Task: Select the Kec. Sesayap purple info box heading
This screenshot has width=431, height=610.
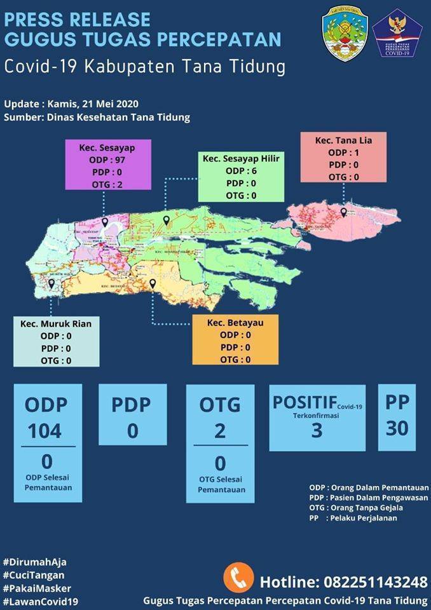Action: [x=107, y=147]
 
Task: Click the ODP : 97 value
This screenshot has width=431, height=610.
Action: [x=107, y=159]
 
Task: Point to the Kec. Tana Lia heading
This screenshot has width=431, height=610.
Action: [x=344, y=140]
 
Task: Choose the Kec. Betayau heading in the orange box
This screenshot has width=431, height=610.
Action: [x=235, y=323]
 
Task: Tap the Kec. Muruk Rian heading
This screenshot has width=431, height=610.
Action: [x=56, y=323]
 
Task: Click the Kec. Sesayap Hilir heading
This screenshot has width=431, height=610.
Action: [x=241, y=158]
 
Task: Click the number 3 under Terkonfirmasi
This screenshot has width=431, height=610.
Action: [x=317, y=430]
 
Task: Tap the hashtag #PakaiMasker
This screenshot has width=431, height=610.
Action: [x=37, y=588]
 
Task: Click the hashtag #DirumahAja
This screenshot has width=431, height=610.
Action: [x=35, y=562]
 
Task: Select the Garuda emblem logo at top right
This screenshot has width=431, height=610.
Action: [x=397, y=34]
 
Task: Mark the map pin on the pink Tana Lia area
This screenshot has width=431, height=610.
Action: [x=343, y=212]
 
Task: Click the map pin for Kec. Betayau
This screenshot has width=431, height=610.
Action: [x=153, y=284]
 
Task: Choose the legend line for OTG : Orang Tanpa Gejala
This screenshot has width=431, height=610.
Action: [x=356, y=508]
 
